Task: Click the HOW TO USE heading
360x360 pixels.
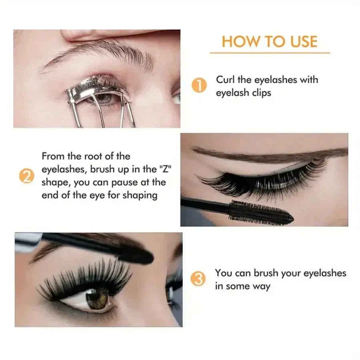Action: [270, 42]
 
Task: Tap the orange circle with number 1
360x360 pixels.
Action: [199, 86]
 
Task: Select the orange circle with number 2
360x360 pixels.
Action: [26, 176]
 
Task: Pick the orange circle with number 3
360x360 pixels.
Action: [199, 279]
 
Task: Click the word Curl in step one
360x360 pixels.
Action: [225, 80]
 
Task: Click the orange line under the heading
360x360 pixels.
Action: [270, 53]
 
